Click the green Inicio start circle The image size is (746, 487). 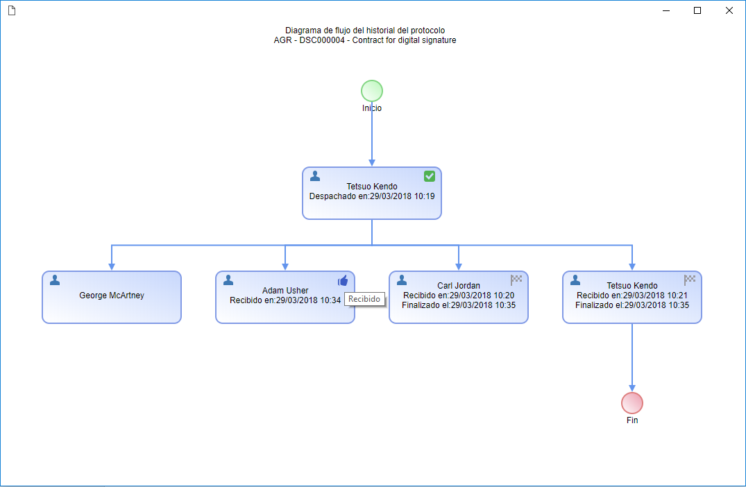coord(371,91)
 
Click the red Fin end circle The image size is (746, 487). coord(631,403)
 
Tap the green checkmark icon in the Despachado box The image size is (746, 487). coord(429,176)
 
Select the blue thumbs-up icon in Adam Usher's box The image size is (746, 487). coord(343,280)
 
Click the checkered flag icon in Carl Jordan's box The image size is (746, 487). coord(516,280)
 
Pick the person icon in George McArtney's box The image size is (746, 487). coord(55,280)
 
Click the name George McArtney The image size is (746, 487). coord(112,296)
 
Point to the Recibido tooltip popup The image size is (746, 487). coord(364,299)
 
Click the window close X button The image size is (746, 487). coord(729,10)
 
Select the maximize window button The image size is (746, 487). coord(697,10)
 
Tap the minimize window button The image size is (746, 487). coord(666,10)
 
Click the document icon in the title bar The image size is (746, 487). coord(12,10)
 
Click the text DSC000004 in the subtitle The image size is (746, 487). coord(322,40)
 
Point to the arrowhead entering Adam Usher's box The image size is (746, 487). coord(285,267)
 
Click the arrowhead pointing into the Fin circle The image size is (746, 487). coord(631,388)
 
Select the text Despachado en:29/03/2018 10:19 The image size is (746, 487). coord(372,196)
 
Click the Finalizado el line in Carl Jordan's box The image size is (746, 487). coord(459,305)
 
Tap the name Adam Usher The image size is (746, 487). coord(285,291)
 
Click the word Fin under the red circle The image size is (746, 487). coord(631,420)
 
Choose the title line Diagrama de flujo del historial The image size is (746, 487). coord(366,31)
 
